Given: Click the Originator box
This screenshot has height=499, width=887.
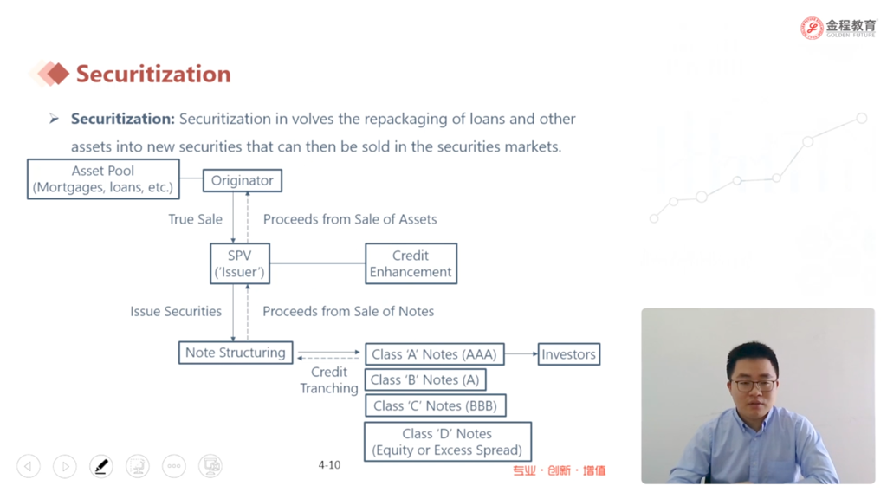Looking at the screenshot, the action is coord(243,180).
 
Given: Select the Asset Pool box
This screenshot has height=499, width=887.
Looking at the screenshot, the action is coord(103,178).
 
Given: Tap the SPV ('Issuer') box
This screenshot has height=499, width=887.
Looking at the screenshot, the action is coord(240,263).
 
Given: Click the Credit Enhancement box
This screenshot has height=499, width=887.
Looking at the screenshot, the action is coord(411,263).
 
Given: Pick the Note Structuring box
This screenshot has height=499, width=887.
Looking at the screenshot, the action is coord(236,353).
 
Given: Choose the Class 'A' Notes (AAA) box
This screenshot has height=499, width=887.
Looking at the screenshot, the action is coord(435,354).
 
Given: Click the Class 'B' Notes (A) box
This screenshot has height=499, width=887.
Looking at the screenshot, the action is coord(424,379).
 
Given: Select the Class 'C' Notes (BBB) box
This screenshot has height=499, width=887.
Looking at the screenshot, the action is coord(435,405).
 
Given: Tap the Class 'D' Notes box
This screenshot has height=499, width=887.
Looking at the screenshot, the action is coord(448,442).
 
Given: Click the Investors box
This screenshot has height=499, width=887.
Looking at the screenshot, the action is coord(568,354).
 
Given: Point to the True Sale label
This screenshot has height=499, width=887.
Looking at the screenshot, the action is coord(195,219).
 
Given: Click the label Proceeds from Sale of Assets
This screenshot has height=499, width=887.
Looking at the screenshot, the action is coord(350,219).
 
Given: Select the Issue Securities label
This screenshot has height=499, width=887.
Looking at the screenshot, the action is coord(176,311).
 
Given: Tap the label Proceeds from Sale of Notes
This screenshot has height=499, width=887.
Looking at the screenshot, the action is coord(348,311).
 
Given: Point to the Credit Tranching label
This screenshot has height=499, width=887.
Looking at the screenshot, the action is coord(328,380).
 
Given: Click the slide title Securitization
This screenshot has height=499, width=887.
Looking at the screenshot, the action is coord(153,75).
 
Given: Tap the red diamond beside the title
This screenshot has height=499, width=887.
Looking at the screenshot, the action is coord(56,74).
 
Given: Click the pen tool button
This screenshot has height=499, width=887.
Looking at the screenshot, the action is coord(101,467).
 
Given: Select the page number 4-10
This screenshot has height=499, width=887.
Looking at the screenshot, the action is coord(329,465).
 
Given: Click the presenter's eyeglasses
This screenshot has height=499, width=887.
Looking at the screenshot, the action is coord(754,386).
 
